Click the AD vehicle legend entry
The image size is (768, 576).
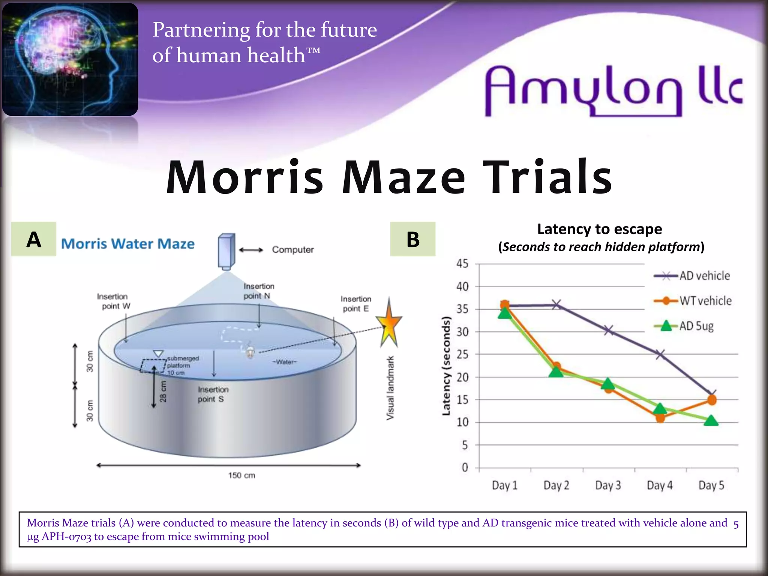click(692, 276)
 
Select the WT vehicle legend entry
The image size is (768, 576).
click(693, 301)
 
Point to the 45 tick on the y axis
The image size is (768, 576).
click(462, 264)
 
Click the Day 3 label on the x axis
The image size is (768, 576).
click(608, 485)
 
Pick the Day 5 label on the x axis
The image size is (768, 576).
click(711, 485)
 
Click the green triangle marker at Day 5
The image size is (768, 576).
click(711, 421)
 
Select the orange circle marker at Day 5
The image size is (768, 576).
click(712, 400)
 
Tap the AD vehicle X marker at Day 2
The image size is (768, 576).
click(556, 304)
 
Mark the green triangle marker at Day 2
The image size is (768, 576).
click(556, 372)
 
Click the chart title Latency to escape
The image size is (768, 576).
click(599, 229)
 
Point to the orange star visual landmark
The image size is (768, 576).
click(389, 323)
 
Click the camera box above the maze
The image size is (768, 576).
click(226, 251)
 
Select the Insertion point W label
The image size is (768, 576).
click(113, 301)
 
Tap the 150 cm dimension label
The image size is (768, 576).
click(241, 475)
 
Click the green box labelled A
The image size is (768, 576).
click(34, 239)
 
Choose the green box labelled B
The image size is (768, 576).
click(413, 239)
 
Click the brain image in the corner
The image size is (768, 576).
click(70, 59)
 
